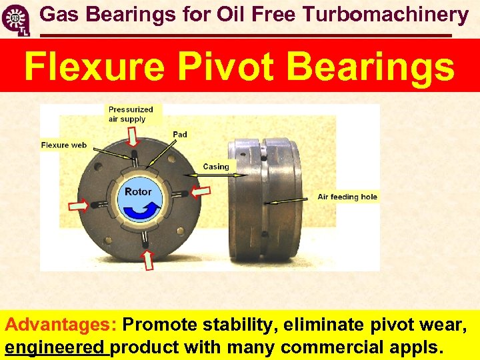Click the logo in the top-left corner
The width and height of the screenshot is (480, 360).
pos(16,18)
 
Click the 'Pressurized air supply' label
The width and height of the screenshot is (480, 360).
pos(131,114)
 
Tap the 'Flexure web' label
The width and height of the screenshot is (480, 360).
pos(64,145)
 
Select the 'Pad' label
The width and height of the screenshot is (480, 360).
pos(180,135)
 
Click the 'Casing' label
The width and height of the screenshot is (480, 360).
pos(215,167)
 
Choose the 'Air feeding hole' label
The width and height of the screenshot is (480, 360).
pos(347,197)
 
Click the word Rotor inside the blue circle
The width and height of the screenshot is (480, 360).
pos(138,191)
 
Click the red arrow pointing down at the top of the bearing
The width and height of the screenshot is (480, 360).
pos(133,136)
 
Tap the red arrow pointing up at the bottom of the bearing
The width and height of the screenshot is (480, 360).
pos(148,259)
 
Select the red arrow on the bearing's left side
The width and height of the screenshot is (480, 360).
pos(79,206)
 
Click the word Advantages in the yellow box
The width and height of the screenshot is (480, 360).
pos(61,325)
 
